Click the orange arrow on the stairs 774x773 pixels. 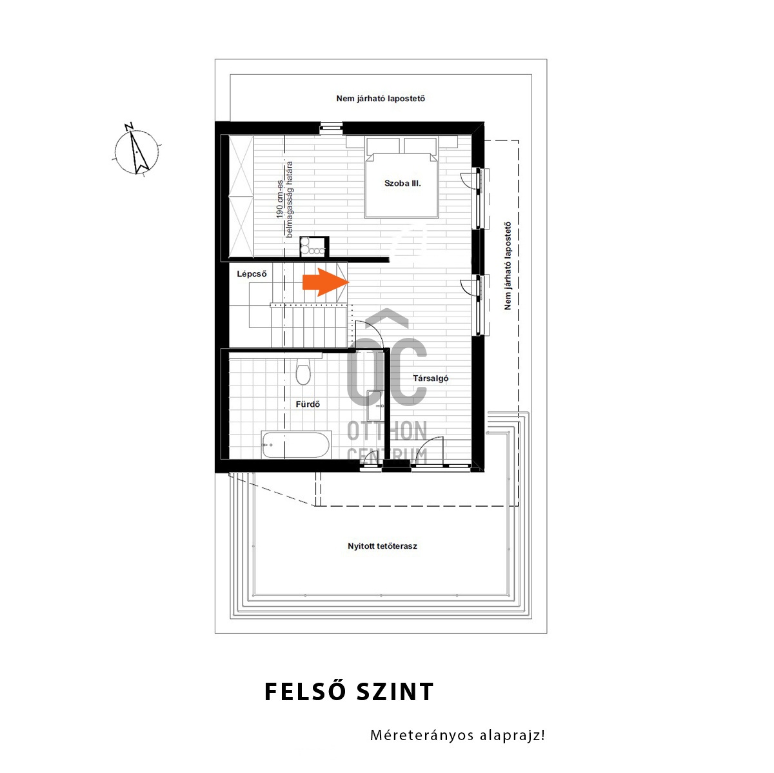325,282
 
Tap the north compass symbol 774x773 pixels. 137,151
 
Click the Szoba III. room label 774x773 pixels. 402,184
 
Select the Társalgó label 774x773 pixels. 430,378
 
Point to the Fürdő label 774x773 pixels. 307,404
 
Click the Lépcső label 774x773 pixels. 252,274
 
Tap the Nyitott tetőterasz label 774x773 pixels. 382,546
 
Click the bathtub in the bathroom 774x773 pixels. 296,445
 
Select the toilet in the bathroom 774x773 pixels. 303,371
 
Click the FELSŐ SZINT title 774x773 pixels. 349,692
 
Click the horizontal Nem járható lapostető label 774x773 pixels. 381,99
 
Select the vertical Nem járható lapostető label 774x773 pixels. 508,266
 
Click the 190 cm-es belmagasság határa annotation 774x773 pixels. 284,199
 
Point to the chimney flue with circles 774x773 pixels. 314,246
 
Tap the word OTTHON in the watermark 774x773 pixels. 387,431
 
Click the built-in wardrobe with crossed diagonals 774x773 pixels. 241,196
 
